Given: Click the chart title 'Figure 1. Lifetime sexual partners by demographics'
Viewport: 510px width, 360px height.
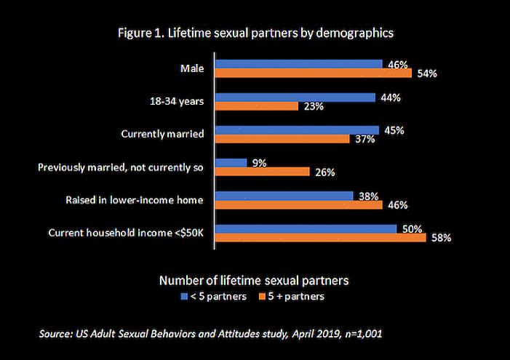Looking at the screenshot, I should (x=255, y=33).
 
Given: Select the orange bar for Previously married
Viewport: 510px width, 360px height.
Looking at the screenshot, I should (x=263, y=172).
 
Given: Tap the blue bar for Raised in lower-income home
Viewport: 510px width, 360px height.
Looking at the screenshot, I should (x=284, y=196).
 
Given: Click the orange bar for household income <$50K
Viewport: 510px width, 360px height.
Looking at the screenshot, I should (x=321, y=237).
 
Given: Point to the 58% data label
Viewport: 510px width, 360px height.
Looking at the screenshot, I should (x=441, y=238).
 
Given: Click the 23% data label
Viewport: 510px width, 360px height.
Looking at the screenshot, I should (x=313, y=106).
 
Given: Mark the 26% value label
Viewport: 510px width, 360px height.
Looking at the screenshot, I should (x=324, y=172).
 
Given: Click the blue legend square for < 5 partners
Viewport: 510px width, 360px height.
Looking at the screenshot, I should (x=184, y=297).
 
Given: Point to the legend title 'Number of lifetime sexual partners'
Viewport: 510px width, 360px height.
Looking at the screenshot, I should (x=254, y=280).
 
